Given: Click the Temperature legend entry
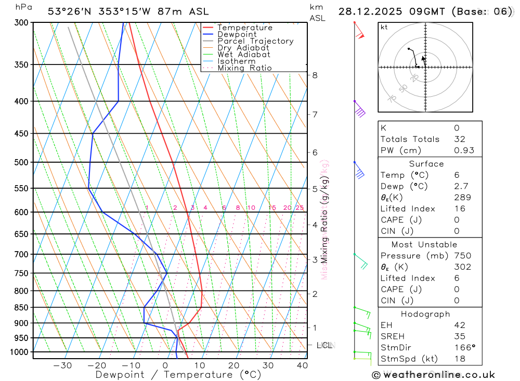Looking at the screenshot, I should (244, 28).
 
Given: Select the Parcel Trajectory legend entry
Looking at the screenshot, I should (255, 41).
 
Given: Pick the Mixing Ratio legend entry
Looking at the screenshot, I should (244, 68).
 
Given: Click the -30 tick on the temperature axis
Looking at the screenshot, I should (62, 365).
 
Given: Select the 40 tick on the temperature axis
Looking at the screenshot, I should (302, 365).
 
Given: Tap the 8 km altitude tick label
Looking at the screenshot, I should (315, 75).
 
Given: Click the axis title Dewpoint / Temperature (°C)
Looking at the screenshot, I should (178, 374).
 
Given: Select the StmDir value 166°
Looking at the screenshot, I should (464, 347).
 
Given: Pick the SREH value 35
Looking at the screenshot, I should (460, 336).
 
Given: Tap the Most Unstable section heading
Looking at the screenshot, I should (425, 244).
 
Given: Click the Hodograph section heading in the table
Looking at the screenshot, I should (425, 314).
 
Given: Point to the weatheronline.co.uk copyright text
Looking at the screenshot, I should (433, 375).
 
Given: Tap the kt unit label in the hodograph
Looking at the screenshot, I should (384, 27).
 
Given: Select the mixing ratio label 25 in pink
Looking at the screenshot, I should (300, 208).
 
